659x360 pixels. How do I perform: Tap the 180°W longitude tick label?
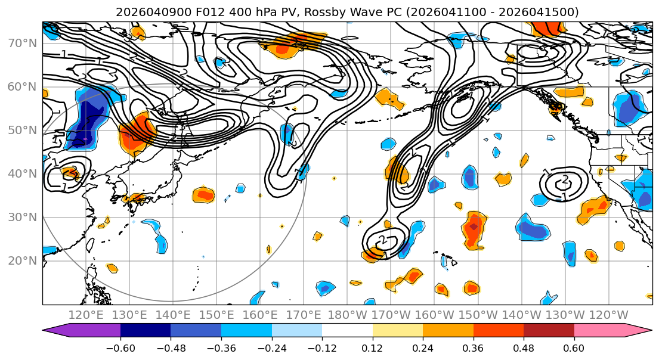(x=347, y=315)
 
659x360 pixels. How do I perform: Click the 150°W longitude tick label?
(x=478, y=315)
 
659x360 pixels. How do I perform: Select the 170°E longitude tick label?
(x=304, y=315)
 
